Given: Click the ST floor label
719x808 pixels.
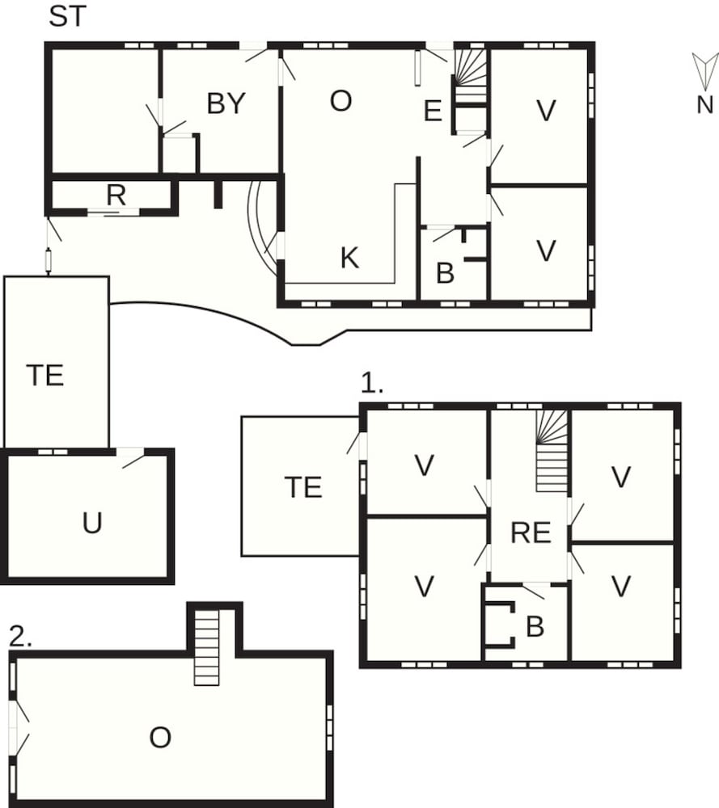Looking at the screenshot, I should pos(66,17).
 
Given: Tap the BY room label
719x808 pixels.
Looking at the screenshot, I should pos(226,104).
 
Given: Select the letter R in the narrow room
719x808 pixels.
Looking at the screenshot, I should pos(116,196).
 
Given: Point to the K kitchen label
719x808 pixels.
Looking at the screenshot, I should pos(349,258).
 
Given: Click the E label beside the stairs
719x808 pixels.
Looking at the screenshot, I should pos(433,112).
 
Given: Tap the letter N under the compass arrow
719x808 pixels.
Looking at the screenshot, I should pos(704,104).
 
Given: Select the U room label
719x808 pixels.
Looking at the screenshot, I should pos(92,523).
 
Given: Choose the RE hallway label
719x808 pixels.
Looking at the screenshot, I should pos(531,532).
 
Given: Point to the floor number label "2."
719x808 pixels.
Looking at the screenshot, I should pos(21,636).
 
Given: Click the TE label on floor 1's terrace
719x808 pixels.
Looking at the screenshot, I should pos(303,487).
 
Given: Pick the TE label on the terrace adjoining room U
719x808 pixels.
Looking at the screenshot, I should pos(44,376).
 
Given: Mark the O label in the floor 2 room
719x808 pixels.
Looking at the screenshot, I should pos(160,737).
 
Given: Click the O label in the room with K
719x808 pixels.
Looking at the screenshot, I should pos(341,101).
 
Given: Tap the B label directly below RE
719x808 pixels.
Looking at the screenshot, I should pos(535,627).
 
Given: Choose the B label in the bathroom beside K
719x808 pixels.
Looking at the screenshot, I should pos(445,274).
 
